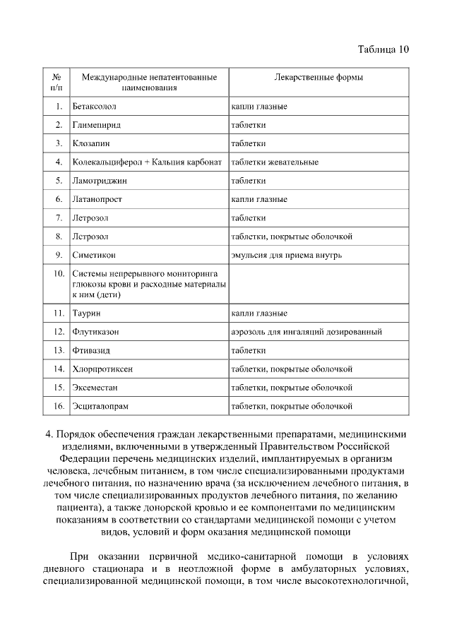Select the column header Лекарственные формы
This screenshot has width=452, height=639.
pos(319,76)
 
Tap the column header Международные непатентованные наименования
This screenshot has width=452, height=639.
pos(148,82)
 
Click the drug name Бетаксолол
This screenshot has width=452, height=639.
pos(94,107)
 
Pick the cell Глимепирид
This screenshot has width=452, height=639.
pos(96,125)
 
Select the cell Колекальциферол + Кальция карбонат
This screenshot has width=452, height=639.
pos(147,162)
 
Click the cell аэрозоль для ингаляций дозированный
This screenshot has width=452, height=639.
pos(307,331)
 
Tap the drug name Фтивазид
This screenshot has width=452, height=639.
pos(92,350)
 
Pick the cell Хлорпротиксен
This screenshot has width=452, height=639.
pos(102,369)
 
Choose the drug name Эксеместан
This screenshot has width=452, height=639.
pos(97,387)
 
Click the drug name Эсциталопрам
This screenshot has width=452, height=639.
pos(100,406)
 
